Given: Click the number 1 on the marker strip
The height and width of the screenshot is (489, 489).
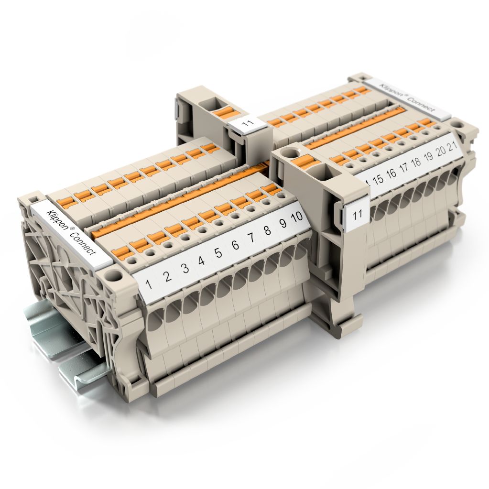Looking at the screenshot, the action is pos(149,284).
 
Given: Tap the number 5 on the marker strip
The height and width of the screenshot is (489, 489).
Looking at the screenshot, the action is pos(218,252).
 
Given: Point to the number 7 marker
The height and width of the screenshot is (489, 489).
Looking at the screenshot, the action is pos(251,238).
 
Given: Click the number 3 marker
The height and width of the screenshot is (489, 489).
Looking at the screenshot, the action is pos(185,268).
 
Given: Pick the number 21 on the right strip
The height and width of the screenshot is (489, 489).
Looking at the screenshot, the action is pos(452,146).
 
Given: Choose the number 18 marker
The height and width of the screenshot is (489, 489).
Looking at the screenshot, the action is pos(416,162).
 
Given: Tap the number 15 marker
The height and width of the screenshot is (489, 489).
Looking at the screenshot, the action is pos(378,179).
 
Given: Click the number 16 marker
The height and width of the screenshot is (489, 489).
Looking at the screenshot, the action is pos(391,174).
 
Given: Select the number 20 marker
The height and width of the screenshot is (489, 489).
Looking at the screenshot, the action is pos(440,151).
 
